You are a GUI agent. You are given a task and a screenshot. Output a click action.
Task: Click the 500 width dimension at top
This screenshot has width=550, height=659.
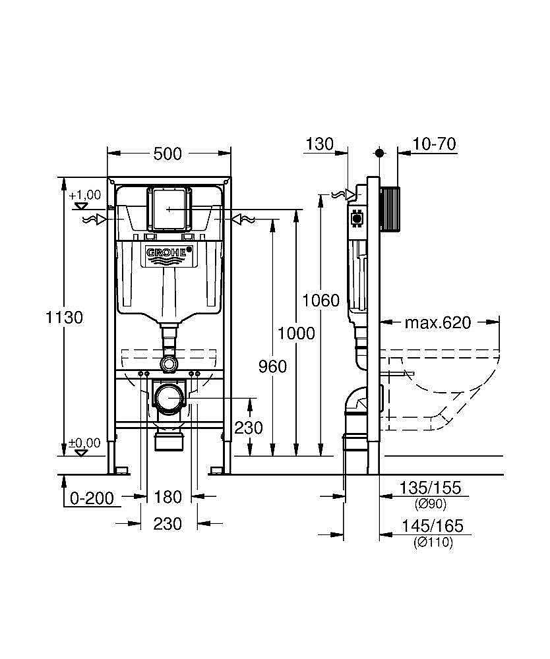(168, 154)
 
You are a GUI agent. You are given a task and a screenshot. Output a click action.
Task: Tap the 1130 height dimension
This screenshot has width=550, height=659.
(64, 317)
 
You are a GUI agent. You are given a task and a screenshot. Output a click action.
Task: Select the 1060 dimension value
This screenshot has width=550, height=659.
(321, 301)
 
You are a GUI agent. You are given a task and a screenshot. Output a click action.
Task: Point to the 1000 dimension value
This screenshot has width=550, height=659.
(296, 333)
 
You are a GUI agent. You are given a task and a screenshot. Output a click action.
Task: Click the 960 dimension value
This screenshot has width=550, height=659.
(272, 366)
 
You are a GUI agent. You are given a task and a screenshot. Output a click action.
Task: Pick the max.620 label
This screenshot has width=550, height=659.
(438, 322)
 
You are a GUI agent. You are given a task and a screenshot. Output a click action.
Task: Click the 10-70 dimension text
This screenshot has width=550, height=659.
(435, 144)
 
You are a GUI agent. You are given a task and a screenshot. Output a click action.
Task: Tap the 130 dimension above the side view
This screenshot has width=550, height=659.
(320, 144)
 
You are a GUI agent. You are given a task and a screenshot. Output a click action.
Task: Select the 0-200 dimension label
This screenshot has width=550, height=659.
(92, 498)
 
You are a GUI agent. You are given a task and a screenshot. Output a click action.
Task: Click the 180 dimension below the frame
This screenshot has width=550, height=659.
(168, 496)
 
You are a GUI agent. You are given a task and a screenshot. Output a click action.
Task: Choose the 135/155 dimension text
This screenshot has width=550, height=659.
(431, 488)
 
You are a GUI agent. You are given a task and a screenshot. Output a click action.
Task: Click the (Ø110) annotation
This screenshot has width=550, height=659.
(433, 542)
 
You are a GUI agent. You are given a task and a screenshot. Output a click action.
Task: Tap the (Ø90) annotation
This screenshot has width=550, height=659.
(431, 504)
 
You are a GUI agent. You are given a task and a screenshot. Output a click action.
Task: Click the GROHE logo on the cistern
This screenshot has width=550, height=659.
(169, 252)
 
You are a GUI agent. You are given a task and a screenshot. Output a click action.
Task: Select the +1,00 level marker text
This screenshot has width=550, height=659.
(85, 194)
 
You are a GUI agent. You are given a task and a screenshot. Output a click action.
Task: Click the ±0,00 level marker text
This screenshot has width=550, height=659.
(85, 443)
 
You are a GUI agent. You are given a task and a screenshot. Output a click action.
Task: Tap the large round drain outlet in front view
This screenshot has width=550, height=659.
(170, 399)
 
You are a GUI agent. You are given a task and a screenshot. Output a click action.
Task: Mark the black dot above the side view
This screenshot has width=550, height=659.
(379, 153)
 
